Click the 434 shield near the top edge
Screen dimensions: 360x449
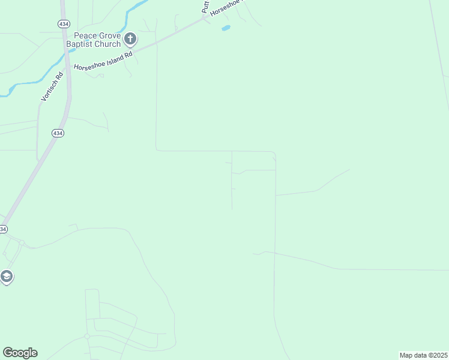tap(63, 23)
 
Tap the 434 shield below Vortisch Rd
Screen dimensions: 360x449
tap(57, 133)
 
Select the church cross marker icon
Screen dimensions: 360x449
tap(130, 40)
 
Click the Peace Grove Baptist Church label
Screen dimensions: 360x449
tap(94, 40)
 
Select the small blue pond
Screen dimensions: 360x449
tap(226, 28)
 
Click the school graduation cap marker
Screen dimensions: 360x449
tap(7, 277)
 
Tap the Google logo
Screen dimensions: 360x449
tap(20, 353)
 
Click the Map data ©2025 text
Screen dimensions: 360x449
tap(423, 355)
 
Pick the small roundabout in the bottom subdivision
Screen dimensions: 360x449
tap(87, 337)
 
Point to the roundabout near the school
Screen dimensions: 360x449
tap(21, 242)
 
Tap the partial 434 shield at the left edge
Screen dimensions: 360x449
tap(2, 229)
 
